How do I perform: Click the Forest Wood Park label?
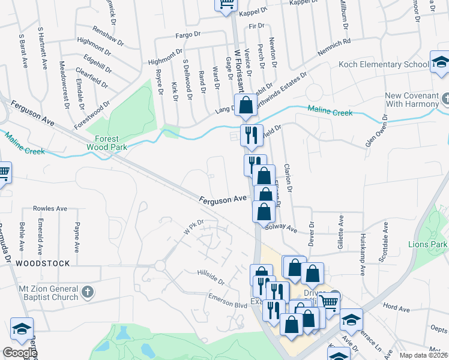pos(102,142)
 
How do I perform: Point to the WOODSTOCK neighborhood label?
pos(43,263)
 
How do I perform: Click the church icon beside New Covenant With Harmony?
pos(445,98)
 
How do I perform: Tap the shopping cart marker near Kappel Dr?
pos(226,4)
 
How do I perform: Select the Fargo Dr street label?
pos(187,35)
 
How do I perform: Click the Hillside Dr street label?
pos(210,277)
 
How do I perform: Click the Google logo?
pos(20,353)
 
